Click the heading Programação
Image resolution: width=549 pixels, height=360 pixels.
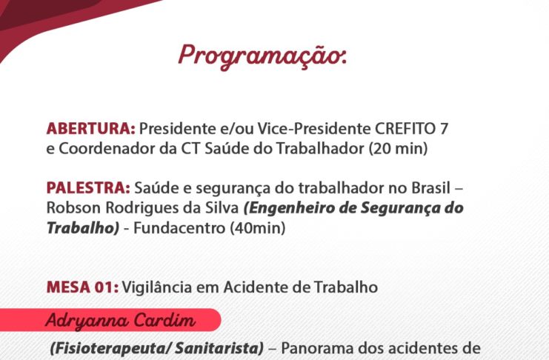pyautogui.click(x=262, y=57)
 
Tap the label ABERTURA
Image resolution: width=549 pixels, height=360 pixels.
pyautogui.click(x=90, y=129)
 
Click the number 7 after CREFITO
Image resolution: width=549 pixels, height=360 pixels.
pyautogui.click(x=444, y=129)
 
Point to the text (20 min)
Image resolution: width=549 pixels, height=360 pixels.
pyautogui.click(x=398, y=148)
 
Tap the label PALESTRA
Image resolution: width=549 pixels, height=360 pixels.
pyautogui.click(x=88, y=187)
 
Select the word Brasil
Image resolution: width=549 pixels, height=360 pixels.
pyautogui.click(x=430, y=187)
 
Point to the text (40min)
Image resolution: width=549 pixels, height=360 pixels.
pyautogui.click(x=257, y=228)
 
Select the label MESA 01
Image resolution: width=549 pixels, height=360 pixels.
pyautogui.click(x=82, y=287)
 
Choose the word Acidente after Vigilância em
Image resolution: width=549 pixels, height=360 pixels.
pyautogui.click(x=256, y=287)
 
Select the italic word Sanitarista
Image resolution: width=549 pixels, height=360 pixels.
pyautogui.click(x=219, y=348)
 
